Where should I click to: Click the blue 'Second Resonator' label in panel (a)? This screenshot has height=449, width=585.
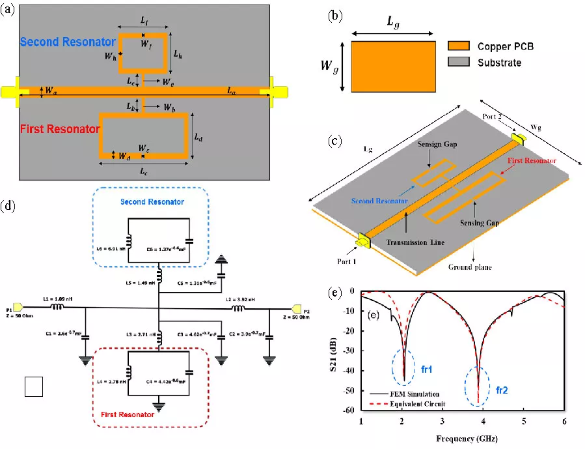pyautogui.click(x=68, y=42)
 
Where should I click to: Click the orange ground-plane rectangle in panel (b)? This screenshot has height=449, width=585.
pyautogui.click(x=393, y=66)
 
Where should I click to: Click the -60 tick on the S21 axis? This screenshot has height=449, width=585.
pyautogui.click(x=350, y=410)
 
